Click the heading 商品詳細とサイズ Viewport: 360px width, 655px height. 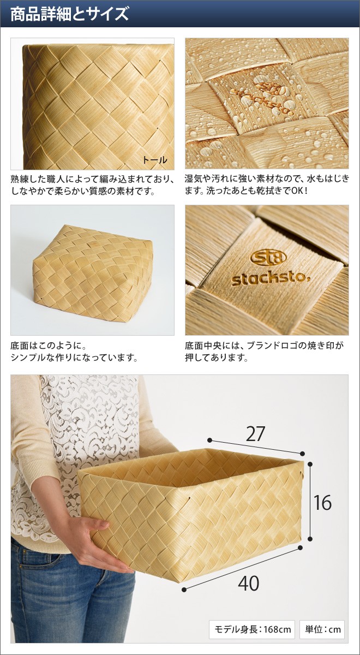tap(70, 14)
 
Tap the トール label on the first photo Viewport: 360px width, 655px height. tap(154, 159)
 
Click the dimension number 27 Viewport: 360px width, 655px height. tap(255, 433)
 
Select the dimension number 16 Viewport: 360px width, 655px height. tap(322, 503)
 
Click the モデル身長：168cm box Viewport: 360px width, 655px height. tap(252, 629)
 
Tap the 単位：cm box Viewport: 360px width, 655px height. tap(322, 629)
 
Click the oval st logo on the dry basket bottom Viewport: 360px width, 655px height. tap(268, 257)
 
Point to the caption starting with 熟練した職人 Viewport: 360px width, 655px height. tap(92, 185)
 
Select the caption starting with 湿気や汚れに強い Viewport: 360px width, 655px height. tap(267, 185)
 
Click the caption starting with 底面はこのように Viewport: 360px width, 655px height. tap(74, 352)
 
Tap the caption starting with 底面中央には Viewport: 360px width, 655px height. tap(264, 352)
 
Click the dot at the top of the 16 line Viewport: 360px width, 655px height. tap(310, 464)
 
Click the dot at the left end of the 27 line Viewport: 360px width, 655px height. tap(209, 440)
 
